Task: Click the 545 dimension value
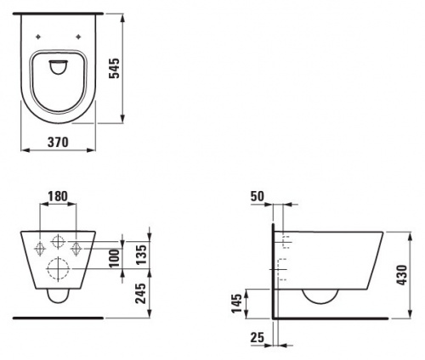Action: tap(115, 68)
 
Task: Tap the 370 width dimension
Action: tap(58, 142)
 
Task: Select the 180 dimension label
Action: tap(58, 196)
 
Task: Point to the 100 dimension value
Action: tap(115, 258)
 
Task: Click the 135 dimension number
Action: tap(141, 255)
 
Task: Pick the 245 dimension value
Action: tap(141, 293)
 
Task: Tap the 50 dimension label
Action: tap(258, 196)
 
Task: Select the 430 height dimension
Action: tap(402, 275)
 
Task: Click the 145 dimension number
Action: tap(237, 304)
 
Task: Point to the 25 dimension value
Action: tap(258, 337)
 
